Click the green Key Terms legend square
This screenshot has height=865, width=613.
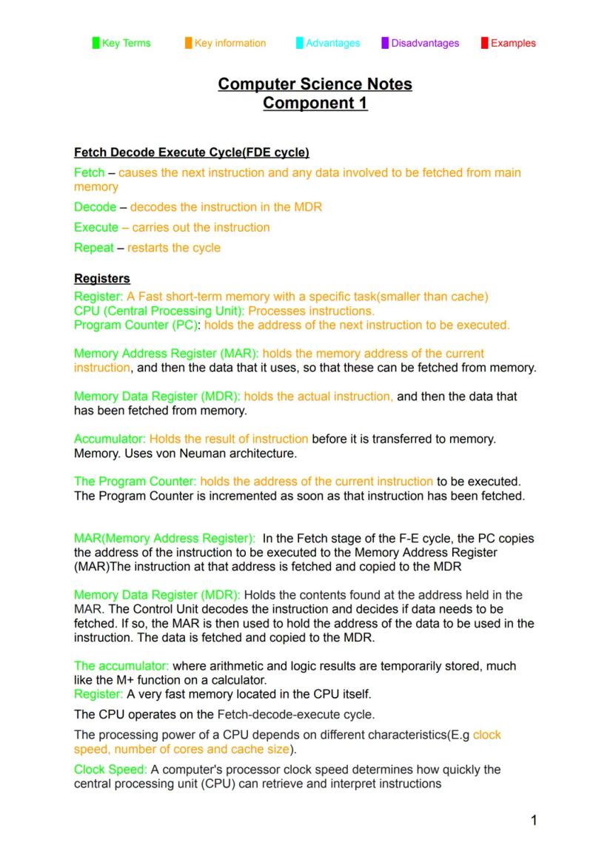coord(96,43)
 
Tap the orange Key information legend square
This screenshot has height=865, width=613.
coord(189,43)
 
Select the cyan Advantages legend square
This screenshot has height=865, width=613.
coord(299,43)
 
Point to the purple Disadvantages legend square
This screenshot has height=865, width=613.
coord(385,43)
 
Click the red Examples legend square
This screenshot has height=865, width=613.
coord(484,43)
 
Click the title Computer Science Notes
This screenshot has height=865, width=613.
coord(315,84)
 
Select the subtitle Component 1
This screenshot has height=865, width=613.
coord(315,104)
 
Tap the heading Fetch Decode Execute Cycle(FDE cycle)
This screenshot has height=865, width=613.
coord(191,153)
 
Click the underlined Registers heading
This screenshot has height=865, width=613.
coord(102,279)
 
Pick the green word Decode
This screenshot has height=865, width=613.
coord(95,207)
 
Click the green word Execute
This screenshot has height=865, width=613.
coord(96,227)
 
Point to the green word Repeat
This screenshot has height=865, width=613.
coord(93,247)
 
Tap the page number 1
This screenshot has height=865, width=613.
coord(533,820)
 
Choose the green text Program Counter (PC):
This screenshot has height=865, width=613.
coord(138,325)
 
